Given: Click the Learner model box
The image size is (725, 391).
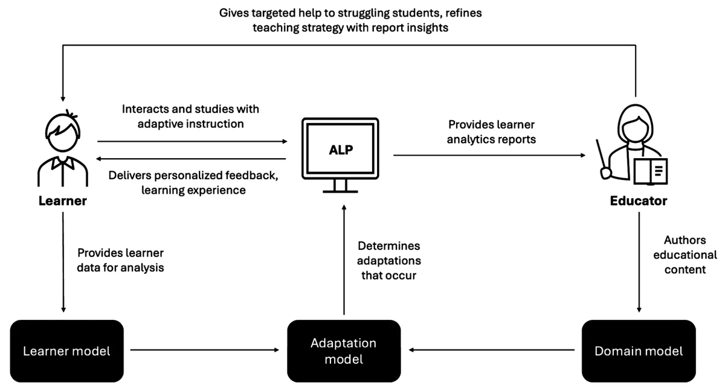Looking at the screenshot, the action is tap(66, 351).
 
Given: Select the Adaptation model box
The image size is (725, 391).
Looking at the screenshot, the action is tap(344, 351).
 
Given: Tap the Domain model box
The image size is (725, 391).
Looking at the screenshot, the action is tap(639, 351).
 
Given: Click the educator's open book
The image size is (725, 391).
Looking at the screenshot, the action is tap(651, 171).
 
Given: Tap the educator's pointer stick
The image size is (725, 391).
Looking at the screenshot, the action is tap(603, 158).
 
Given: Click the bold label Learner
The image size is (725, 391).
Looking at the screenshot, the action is tap(63, 201).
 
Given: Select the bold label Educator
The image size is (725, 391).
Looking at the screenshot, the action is tap(639, 201).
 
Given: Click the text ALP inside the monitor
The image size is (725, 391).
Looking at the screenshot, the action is tap(341, 150).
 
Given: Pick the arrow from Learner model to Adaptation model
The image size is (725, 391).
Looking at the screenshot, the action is tap(205, 349).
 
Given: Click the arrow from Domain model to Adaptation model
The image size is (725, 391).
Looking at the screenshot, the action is tap(492, 349).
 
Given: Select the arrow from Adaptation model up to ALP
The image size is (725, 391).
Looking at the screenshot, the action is tap(344, 259).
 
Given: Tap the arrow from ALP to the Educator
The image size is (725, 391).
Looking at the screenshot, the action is tap(489, 155).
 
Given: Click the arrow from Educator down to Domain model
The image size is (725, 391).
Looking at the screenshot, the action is tap(639, 262).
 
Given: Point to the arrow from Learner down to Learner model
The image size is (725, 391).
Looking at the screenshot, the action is tap(63, 262).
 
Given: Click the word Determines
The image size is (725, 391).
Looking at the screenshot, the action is tap(388, 246).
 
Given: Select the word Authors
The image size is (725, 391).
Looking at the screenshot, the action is tap(685, 240).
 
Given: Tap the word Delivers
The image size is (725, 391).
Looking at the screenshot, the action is tap(129, 175).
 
